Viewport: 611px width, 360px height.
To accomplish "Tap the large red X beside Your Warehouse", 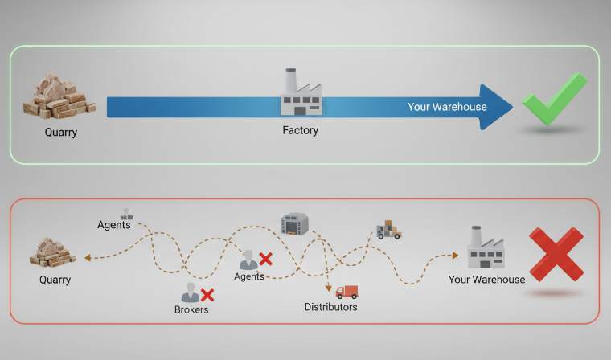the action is pyautogui.click(x=556, y=255).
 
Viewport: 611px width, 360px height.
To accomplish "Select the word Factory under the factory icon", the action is pyautogui.click(x=300, y=130).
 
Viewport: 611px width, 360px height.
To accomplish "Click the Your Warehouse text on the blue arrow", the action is pyautogui.click(x=447, y=107).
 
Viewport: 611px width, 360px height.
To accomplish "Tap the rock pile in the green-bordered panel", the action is pyautogui.click(x=59, y=96).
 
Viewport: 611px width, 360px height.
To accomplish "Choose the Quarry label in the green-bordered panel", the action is pyautogui.click(x=61, y=133).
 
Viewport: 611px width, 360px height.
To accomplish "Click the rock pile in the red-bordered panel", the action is pyautogui.click(x=52, y=252).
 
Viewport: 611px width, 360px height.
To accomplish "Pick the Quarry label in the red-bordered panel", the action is pyautogui.click(x=55, y=280).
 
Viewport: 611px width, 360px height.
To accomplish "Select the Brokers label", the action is pyautogui.click(x=191, y=309).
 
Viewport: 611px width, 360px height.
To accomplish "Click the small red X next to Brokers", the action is pyautogui.click(x=207, y=295).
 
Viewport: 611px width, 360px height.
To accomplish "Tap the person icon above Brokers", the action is pyautogui.click(x=191, y=292).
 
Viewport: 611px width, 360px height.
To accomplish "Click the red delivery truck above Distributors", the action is pyautogui.click(x=347, y=292).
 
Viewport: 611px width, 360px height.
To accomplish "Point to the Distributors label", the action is pyautogui.click(x=331, y=307).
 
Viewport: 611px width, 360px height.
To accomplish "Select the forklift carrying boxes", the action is pyautogui.click(x=388, y=230).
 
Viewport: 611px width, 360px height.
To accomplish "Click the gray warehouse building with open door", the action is pyautogui.click(x=294, y=223).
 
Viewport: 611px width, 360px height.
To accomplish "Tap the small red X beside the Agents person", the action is pyautogui.click(x=265, y=259).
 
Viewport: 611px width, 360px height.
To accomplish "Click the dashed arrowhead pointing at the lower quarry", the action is pyautogui.click(x=88, y=257).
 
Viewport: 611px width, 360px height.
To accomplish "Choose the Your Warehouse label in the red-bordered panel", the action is pyautogui.click(x=486, y=280).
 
